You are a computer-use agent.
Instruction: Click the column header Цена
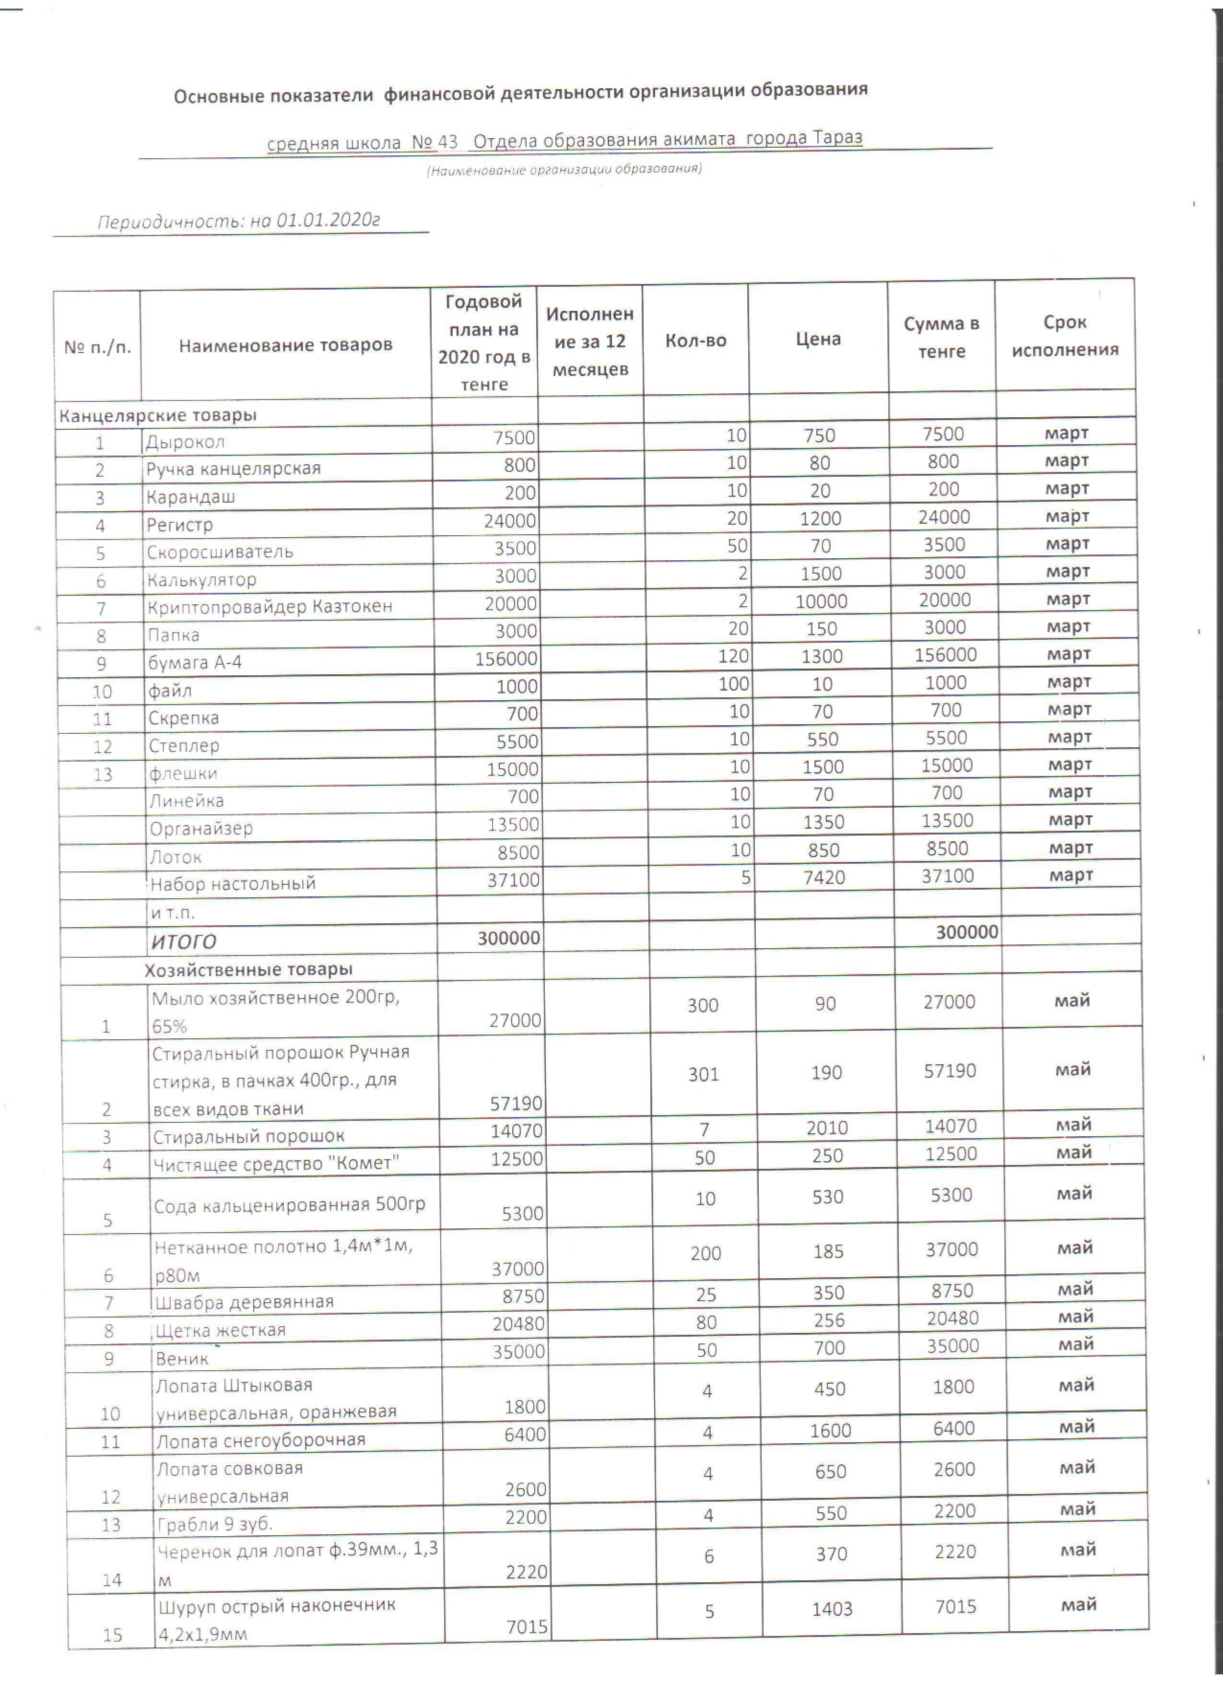pos(818,339)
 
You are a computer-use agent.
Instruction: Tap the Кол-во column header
pos(695,341)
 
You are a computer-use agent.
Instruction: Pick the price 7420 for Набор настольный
pos(824,878)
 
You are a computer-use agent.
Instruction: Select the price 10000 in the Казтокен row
pos(821,601)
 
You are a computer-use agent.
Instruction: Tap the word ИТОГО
pos(184,942)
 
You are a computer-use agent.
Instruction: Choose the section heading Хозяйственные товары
pos(248,970)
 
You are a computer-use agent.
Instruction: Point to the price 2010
pos(827,1128)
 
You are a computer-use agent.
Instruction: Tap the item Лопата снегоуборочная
pos(260,1440)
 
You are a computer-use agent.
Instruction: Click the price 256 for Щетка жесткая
pos(828,1320)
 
